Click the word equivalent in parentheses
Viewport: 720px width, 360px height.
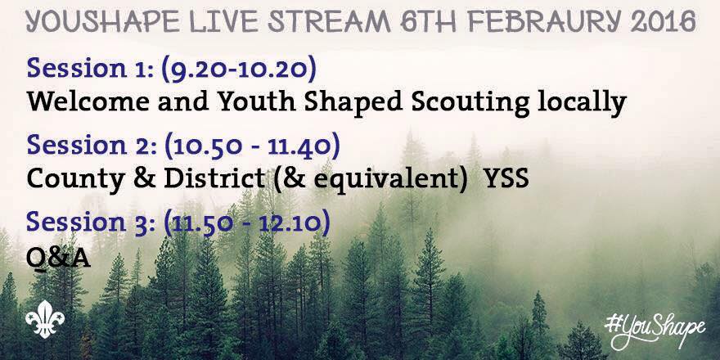point(389,179)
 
